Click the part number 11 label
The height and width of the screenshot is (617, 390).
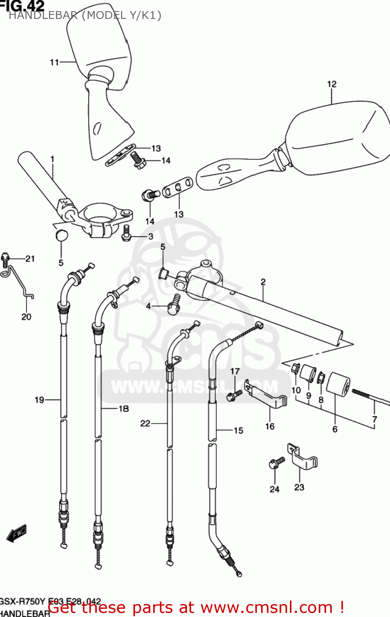[x=54, y=63]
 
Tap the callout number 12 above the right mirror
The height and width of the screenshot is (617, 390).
[x=332, y=84]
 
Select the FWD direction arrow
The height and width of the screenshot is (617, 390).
[x=16, y=534]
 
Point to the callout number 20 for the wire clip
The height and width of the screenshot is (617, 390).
[x=26, y=317]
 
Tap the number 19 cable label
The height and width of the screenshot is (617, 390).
[x=39, y=400]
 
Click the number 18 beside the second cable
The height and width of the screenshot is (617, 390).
[x=124, y=408]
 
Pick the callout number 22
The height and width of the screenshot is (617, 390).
[x=145, y=423]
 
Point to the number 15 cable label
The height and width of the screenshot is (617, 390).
[x=238, y=431]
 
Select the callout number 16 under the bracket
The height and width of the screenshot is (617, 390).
[x=270, y=426]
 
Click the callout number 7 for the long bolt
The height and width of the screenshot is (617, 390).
[x=374, y=420]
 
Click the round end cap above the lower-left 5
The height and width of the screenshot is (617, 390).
[x=61, y=235]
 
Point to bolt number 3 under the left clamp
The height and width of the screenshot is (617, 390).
[x=126, y=233]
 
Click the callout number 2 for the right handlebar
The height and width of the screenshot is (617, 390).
[x=263, y=282]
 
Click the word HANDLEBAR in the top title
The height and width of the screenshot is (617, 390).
[x=43, y=16]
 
